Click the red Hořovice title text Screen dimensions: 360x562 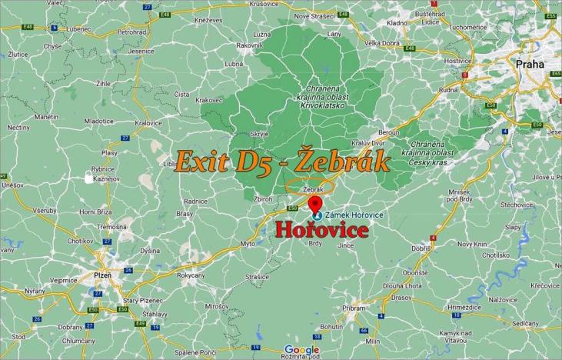[x=322, y=230]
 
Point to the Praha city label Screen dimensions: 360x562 [x=530, y=65]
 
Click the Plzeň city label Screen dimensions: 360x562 [x=101, y=275]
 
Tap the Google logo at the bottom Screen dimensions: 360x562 [x=301, y=350]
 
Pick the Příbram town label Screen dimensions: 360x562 [x=354, y=307]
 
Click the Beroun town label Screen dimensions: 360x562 [x=389, y=132]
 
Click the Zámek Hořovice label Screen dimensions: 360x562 [x=356, y=213]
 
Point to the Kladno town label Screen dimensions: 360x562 [x=397, y=23]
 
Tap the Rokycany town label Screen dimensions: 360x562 [x=191, y=275]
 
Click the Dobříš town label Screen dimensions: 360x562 [x=421, y=248]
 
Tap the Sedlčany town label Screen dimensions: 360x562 [x=526, y=324]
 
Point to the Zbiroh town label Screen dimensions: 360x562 [x=263, y=198]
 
